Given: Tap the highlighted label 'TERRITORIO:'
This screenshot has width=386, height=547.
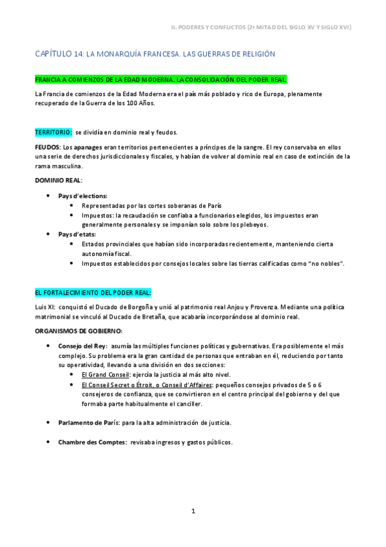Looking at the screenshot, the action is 53,132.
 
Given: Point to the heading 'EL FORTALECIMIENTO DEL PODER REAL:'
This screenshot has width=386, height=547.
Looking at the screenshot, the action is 93,292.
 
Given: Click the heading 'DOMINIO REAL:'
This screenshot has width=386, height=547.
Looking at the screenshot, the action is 59,180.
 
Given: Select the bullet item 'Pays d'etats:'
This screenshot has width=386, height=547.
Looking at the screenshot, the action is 77,234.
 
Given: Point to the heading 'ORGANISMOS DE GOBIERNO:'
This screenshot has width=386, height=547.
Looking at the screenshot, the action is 74,330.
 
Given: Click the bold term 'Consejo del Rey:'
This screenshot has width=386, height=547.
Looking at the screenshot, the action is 82,346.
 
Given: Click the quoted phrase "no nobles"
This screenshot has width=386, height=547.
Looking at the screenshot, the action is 327,263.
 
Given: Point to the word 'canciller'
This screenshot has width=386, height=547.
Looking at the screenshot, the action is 186,404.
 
